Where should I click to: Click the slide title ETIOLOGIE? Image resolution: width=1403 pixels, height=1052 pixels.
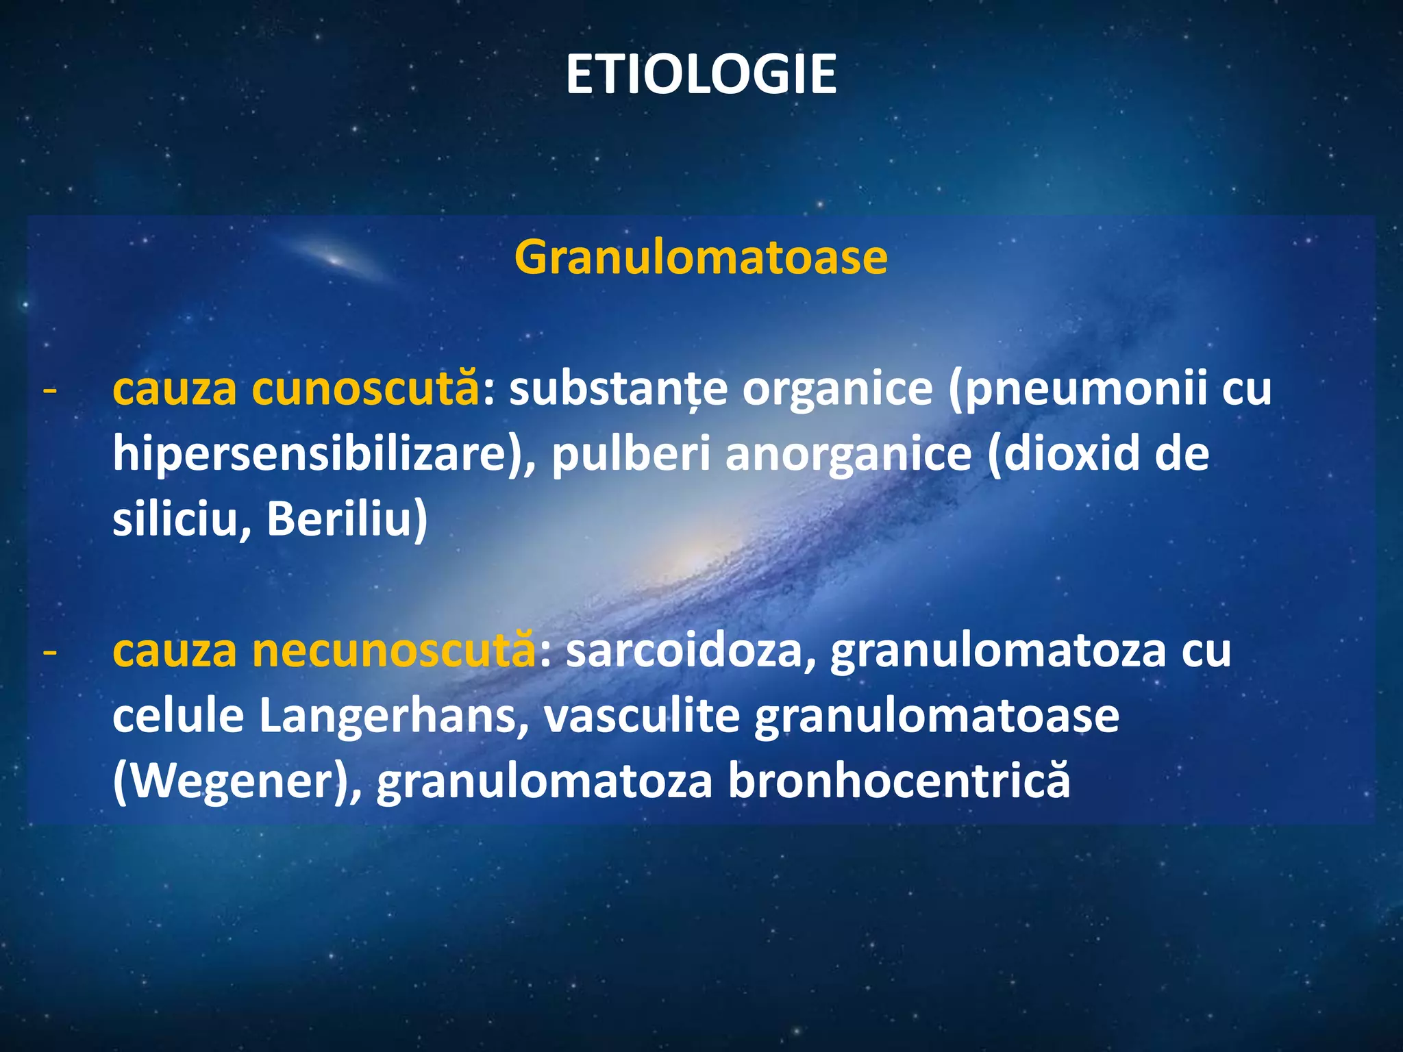coord(701,75)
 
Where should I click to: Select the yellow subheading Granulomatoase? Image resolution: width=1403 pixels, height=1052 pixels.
coord(701,258)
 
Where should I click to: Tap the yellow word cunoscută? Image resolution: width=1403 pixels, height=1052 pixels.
coord(365,388)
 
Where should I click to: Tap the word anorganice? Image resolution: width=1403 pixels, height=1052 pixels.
coord(848,454)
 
